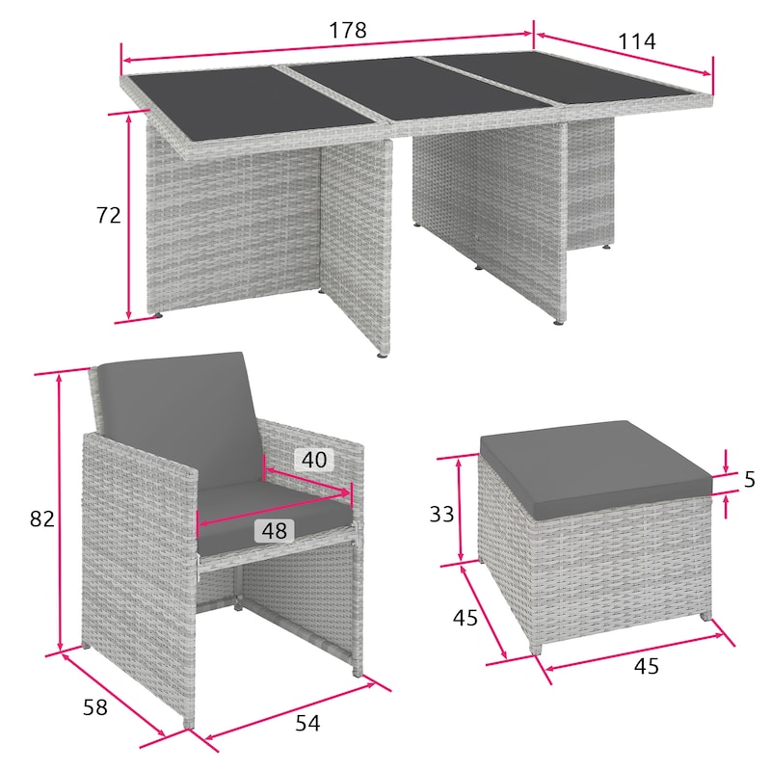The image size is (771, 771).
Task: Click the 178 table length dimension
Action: pyautogui.click(x=348, y=31)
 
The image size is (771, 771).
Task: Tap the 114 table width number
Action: pyautogui.click(x=636, y=41)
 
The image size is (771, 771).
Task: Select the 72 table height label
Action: pyautogui.click(x=108, y=215)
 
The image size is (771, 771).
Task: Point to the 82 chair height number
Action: pyautogui.click(x=41, y=518)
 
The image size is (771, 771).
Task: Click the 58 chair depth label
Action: pyautogui.click(x=94, y=707)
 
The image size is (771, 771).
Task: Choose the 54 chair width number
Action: pyautogui.click(x=307, y=723)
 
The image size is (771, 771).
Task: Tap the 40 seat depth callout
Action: pyautogui.click(x=314, y=460)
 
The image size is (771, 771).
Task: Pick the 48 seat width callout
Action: pyautogui.click(x=275, y=531)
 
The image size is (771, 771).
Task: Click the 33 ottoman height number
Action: pyautogui.click(x=441, y=515)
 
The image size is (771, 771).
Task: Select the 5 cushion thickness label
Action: pyautogui.click(x=750, y=479)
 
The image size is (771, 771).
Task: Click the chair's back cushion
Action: pyautogui.click(x=178, y=419)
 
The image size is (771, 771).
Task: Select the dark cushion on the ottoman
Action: pyautogui.click(x=596, y=467)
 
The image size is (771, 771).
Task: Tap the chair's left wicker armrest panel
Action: pyautogui.click(x=140, y=580)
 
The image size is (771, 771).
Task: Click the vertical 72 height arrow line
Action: pyautogui.click(x=129, y=216)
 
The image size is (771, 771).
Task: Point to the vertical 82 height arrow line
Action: pyautogui.click(x=61, y=513)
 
